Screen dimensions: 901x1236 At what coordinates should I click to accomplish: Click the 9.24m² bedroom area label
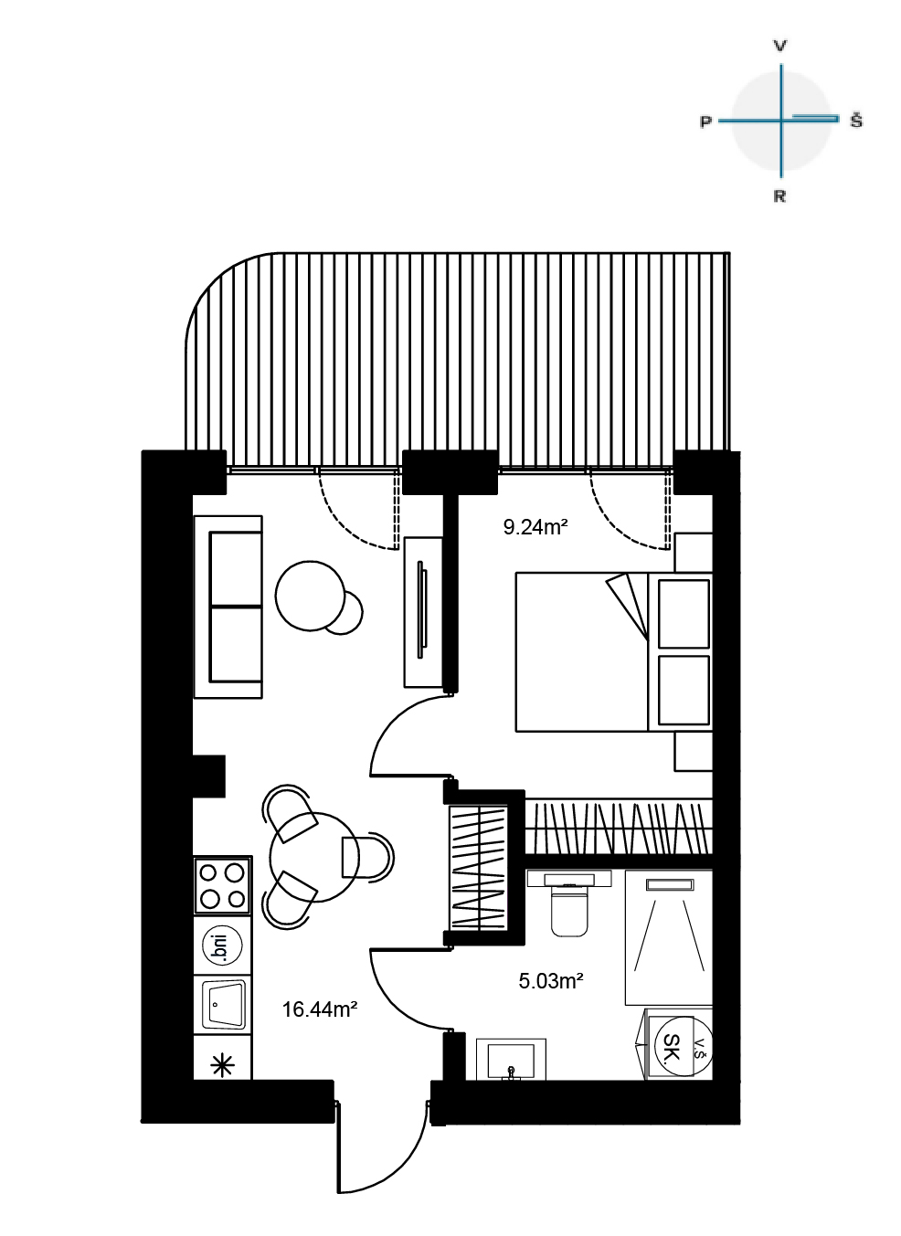535,527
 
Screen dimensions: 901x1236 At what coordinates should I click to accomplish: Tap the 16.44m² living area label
320,1009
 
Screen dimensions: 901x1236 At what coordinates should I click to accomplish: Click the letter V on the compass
779,46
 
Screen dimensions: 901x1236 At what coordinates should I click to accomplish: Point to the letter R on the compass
779,196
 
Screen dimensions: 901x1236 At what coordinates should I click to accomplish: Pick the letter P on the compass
705,121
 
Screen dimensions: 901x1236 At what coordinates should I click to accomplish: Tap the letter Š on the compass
856,120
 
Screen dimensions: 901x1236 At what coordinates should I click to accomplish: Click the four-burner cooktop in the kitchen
223,885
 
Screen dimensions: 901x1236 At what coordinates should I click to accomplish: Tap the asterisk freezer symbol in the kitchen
224,1065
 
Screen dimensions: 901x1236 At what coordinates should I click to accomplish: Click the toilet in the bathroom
568,903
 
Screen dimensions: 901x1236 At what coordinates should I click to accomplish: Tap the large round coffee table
311,596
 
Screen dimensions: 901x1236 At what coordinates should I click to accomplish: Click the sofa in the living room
228,607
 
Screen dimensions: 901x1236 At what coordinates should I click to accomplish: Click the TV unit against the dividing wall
424,612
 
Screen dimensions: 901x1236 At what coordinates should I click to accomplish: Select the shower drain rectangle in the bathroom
670,884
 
